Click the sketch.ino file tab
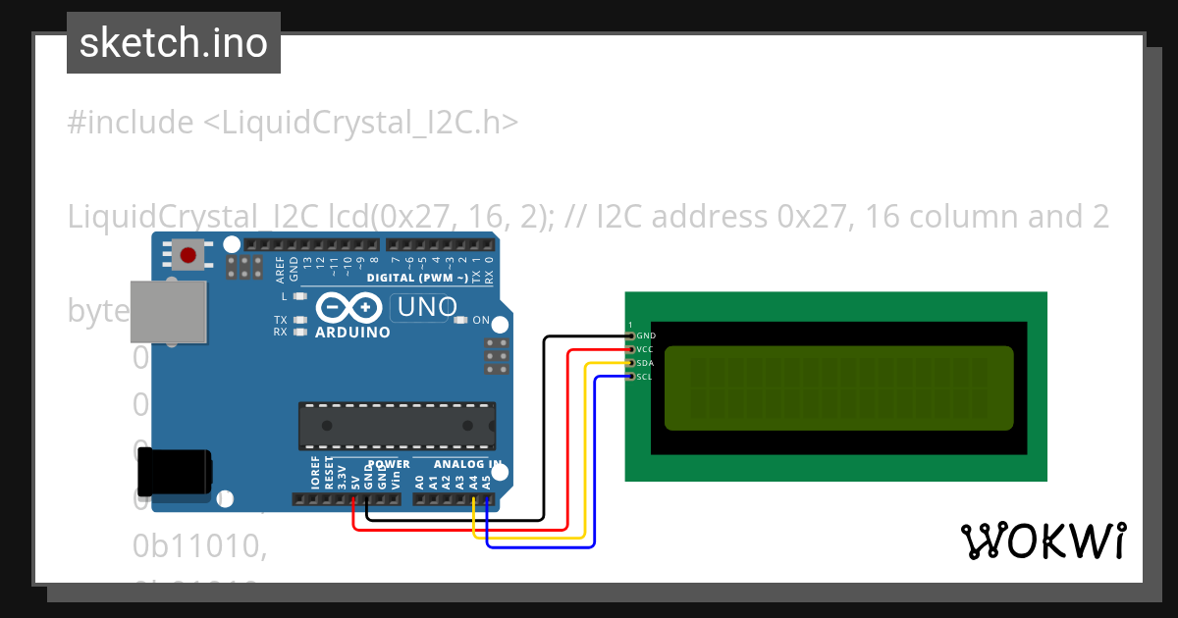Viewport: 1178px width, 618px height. click(174, 43)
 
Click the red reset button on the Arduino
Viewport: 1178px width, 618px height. click(187, 255)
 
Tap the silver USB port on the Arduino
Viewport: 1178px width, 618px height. click(169, 312)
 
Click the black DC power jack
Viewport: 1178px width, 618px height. click(174, 472)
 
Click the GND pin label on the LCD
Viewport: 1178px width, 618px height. click(646, 335)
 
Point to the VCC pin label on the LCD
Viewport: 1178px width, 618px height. click(645, 349)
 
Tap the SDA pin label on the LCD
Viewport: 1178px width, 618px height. click(645, 363)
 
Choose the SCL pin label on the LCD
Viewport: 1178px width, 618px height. click(645, 377)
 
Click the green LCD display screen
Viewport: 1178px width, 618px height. click(838, 388)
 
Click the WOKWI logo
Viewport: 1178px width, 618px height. click(1043, 541)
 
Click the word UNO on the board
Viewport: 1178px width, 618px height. click(424, 308)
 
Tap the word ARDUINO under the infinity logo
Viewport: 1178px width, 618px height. click(352, 333)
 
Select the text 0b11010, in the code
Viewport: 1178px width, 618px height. click(200, 547)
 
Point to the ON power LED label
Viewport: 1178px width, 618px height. click(481, 321)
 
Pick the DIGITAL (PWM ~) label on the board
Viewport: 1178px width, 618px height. click(416, 278)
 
